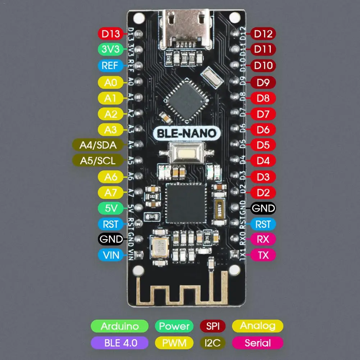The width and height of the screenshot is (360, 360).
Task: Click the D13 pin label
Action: [x=110, y=34]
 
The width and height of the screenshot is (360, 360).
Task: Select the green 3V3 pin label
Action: [x=110, y=50]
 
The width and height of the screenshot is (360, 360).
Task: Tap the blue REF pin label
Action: [x=110, y=65]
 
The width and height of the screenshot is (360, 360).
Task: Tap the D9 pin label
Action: [x=263, y=82]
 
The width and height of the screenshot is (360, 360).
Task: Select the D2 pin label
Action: [x=263, y=192]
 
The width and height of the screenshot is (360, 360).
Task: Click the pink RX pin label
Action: [x=263, y=239]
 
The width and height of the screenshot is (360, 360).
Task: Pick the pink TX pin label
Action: [x=263, y=255]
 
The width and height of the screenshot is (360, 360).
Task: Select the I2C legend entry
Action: [x=212, y=343]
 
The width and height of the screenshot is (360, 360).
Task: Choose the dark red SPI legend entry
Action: [x=212, y=327]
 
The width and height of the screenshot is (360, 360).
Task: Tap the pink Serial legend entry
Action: [x=258, y=343]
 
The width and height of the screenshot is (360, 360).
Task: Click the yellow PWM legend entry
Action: [x=174, y=343]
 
